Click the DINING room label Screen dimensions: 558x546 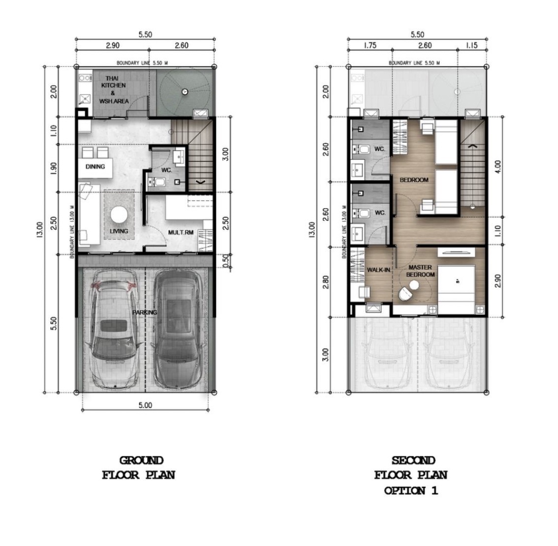[x=95, y=167]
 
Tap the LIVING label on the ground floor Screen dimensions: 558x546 [x=119, y=231]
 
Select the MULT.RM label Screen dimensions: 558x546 [x=181, y=233]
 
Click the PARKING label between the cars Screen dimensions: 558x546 [x=144, y=312]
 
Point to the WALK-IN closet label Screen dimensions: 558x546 [x=379, y=270]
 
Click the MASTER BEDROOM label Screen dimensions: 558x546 [x=420, y=271]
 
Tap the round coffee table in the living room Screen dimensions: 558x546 [x=119, y=215]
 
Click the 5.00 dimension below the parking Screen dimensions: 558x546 [x=145, y=406]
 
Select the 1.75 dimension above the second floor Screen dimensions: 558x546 [x=370, y=45]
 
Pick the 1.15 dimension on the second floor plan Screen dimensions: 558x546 [x=471, y=45]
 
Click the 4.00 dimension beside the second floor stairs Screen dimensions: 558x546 [x=498, y=167]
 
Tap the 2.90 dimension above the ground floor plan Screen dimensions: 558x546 [x=113, y=45]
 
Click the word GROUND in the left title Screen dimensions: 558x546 [x=141, y=461]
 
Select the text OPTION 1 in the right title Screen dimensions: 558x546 [x=411, y=491]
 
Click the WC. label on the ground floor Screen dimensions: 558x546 [x=166, y=170]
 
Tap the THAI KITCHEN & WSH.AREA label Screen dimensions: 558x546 [x=114, y=89]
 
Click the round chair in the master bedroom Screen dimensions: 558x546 [x=405, y=294]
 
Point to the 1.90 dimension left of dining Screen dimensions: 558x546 [x=54, y=168]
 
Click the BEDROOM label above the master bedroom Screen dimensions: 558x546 [x=414, y=180]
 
